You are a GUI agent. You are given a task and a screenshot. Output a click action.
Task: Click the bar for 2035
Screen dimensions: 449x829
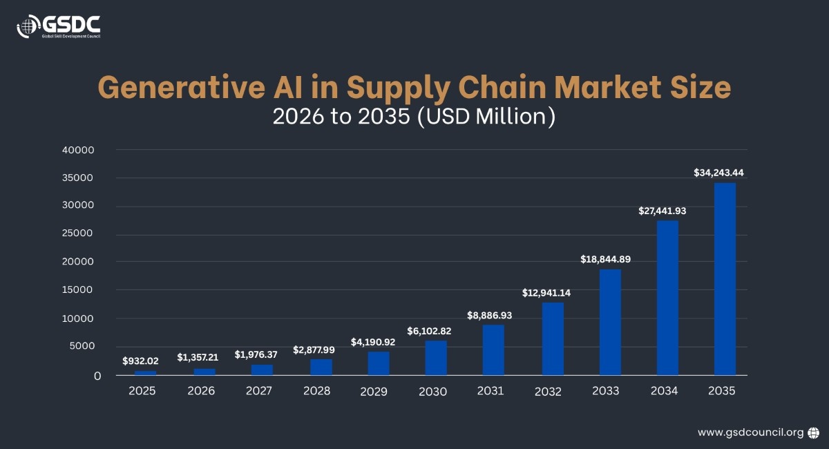click(725, 279)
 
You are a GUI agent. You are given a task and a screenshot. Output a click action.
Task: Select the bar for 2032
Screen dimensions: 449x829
click(553, 338)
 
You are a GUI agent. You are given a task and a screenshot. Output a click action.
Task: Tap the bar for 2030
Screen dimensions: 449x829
click(436, 358)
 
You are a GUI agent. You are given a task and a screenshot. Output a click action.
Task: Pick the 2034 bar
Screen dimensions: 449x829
click(667, 298)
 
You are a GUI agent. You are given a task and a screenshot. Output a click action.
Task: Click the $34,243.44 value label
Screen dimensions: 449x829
click(723, 173)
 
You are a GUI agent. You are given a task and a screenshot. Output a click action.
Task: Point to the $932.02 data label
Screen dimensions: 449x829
click(140, 361)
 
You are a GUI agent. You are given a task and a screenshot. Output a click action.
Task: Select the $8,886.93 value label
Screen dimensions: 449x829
click(489, 315)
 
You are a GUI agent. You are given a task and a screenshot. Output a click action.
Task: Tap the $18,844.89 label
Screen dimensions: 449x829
click(605, 259)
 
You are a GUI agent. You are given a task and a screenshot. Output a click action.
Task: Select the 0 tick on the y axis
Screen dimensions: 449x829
click(97, 376)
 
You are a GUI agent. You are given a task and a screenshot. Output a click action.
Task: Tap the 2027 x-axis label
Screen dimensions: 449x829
click(259, 390)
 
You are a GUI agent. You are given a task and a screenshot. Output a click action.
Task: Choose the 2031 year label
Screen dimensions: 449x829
click(490, 390)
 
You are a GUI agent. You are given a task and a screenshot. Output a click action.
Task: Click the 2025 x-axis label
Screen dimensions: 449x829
click(142, 390)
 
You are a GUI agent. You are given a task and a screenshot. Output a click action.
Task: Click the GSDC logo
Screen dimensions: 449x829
click(59, 26)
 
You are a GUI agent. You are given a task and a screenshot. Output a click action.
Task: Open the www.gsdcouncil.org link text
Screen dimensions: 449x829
click(750, 432)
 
